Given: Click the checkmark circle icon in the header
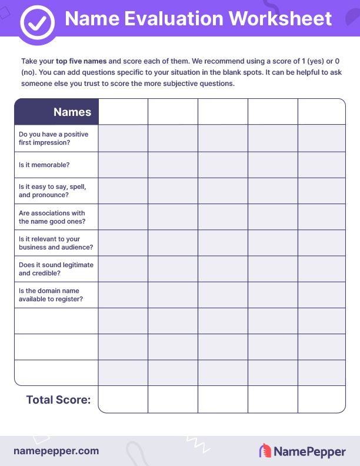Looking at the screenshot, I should [x=37, y=22].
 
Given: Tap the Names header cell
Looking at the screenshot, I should [x=56, y=112].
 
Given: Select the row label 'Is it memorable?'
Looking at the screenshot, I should [x=44, y=165].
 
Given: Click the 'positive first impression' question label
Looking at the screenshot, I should [x=53, y=138].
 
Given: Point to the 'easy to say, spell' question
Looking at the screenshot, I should [x=52, y=190].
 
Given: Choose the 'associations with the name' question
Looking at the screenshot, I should [x=52, y=217].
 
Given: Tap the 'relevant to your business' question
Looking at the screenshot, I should [x=56, y=243].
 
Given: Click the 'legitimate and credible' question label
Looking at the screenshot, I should [x=56, y=269].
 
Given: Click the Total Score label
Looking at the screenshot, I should [x=58, y=400].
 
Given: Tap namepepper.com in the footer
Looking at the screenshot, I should [x=56, y=451].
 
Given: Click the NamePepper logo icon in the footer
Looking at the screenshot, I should [x=265, y=451].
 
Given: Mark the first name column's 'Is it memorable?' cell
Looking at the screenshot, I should [x=123, y=165].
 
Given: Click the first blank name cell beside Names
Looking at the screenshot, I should [x=123, y=112].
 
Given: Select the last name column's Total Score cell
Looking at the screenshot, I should [x=321, y=400].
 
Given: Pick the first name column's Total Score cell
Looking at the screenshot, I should [x=123, y=400].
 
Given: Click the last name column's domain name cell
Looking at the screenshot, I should [x=321, y=295].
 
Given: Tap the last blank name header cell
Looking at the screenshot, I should [x=321, y=112].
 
